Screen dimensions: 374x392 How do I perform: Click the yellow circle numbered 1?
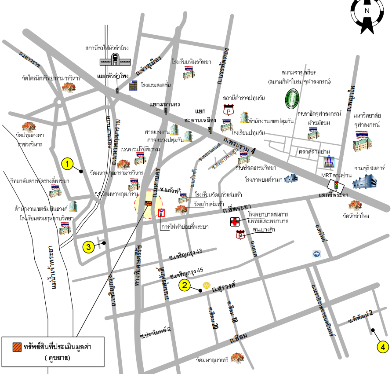click(67, 164)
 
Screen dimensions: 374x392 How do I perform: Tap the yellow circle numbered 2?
click(185, 285)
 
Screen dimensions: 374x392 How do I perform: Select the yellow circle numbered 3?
click(89, 247)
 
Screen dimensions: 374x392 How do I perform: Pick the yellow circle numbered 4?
click(383, 347)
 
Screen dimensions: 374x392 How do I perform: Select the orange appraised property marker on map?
click(149, 203)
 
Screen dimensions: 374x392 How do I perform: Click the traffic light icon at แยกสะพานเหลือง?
click(210, 130)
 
